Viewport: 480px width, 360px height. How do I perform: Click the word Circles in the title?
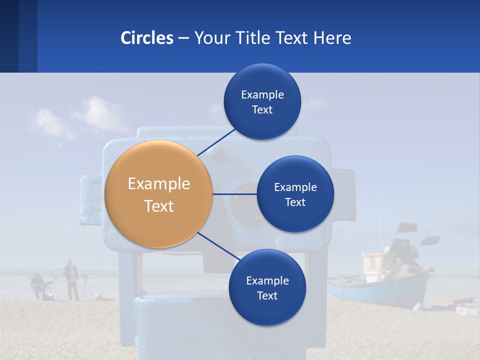[147, 38]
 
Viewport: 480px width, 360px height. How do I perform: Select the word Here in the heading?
[332, 38]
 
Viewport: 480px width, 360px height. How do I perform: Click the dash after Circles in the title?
[183, 38]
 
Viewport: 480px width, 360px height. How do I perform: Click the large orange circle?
[158, 194]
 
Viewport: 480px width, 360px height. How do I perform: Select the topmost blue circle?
[262, 102]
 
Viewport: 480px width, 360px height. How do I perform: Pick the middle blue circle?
[295, 194]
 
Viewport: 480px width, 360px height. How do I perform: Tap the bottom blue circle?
[267, 288]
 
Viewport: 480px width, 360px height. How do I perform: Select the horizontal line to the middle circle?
[234, 194]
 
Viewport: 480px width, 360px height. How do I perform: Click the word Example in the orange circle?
[159, 184]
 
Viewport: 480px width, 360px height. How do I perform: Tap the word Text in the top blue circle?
[262, 110]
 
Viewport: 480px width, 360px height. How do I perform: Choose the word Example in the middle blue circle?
[295, 187]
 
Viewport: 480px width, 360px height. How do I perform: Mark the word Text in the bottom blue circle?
[267, 295]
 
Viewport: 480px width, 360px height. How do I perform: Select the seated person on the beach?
[37, 285]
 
